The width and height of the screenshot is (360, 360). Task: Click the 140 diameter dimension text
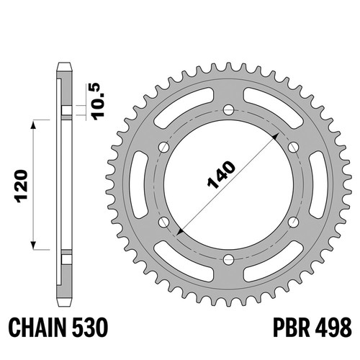point(221,174)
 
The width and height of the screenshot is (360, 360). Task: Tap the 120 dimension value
point(22,186)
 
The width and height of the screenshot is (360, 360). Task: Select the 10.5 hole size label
point(99,102)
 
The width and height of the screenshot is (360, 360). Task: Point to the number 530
point(90,328)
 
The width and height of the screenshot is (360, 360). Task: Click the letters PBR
point(291,328)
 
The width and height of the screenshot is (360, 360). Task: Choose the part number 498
point(334,328)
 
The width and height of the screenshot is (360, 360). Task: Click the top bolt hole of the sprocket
point(228,110)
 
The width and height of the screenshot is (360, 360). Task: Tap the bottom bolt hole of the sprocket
point(228,259)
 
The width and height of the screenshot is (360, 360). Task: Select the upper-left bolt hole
point(164,147)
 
